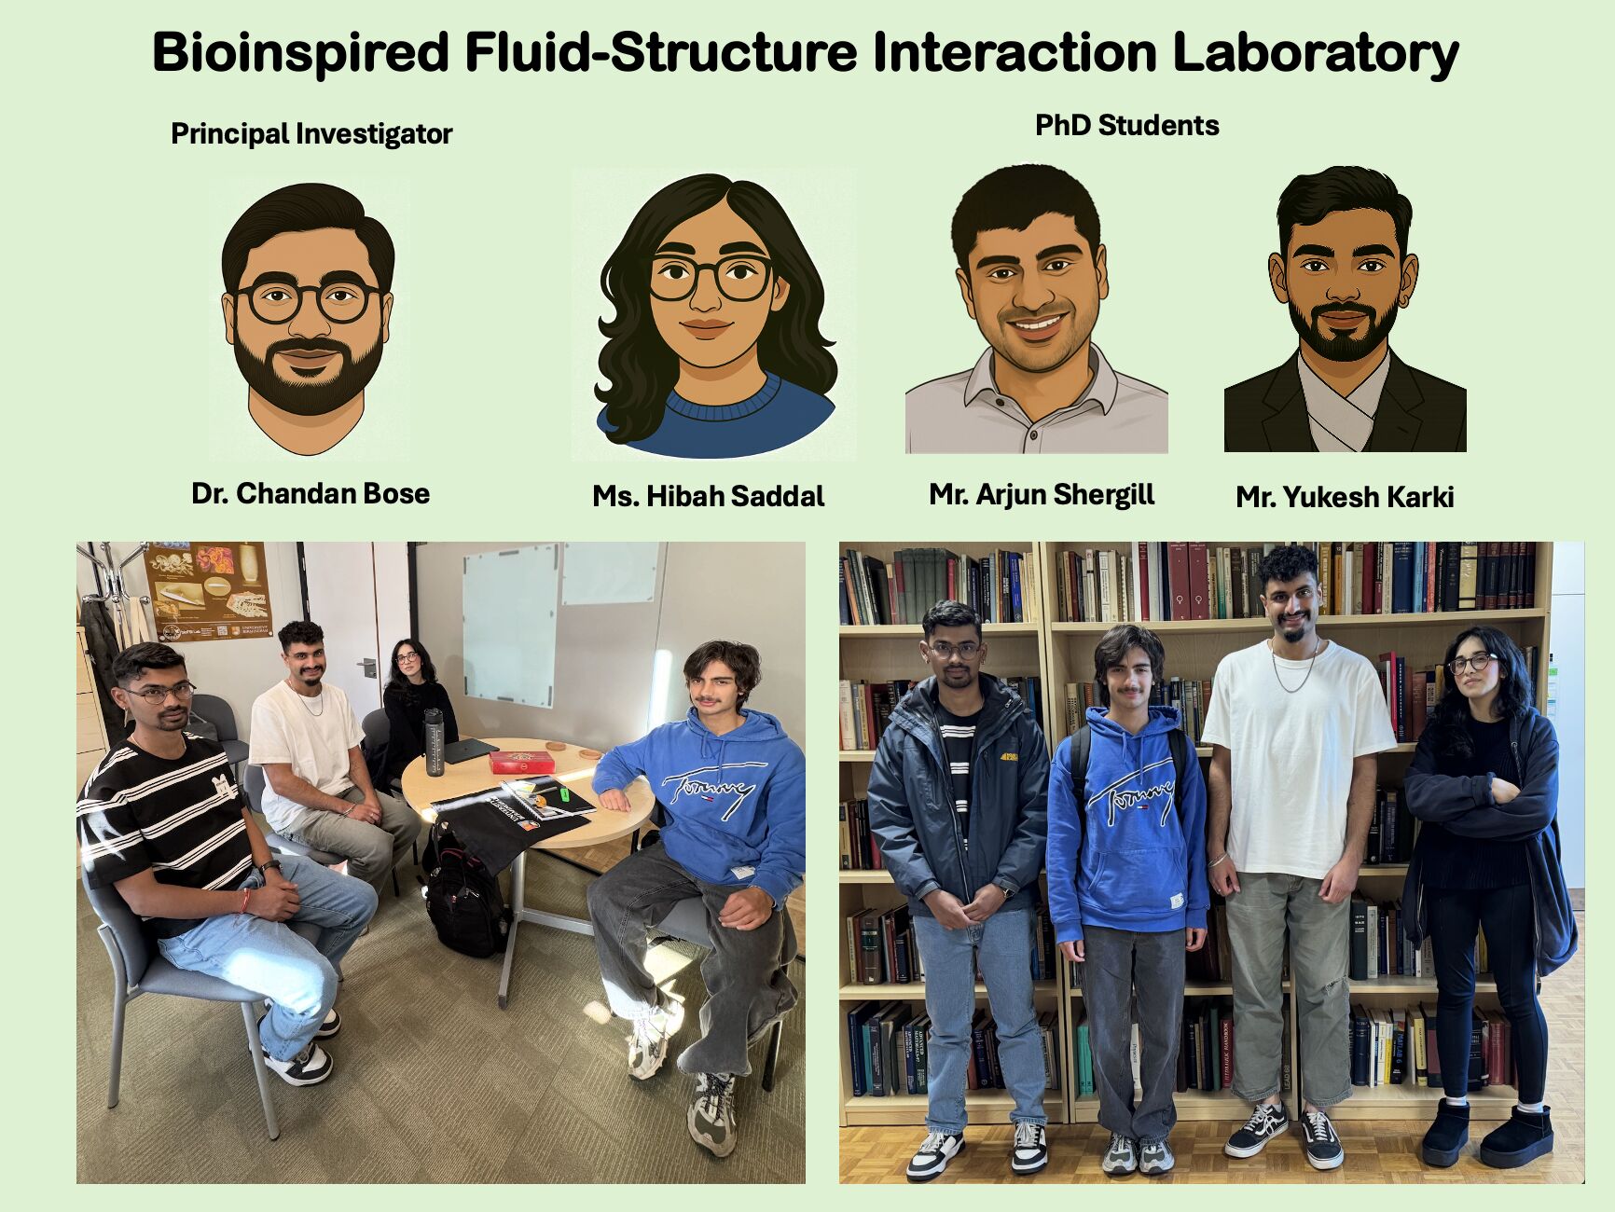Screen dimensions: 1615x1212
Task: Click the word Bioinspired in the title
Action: click(x=301, y=53)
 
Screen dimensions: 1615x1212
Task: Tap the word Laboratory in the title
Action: click(x=1316, y=53)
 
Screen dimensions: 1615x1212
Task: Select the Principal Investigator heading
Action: click(x=311, y=134)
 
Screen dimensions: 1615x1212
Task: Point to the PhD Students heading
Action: click(x=1127, y=125)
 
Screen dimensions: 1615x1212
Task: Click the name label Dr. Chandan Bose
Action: click(x=311, y=493)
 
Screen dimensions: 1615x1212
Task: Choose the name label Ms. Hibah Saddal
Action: click(x=709, y=496)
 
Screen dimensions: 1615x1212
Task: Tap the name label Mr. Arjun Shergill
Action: click(x=1042, y=494)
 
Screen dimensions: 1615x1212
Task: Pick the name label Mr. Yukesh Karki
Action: click(x=1345, y=497)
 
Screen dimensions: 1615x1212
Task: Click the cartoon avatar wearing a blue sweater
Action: click(x=714, y=315)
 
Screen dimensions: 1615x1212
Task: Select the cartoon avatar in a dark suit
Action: click(x=1345, y=310)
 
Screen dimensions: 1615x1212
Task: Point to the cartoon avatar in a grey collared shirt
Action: click(x=1036, y=310)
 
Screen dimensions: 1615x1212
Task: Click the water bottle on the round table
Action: click(x=434, y=742)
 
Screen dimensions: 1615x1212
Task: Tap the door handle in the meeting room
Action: click(x=366, y=666)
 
